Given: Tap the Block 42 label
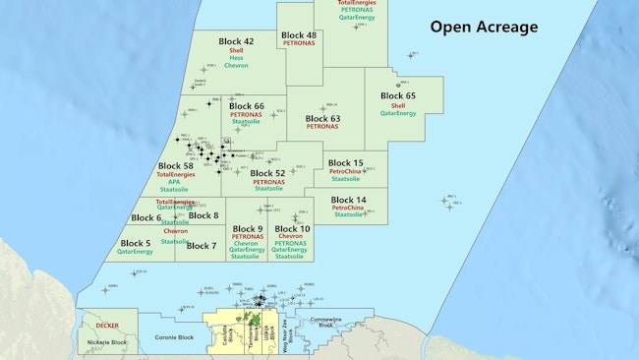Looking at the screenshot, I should (235, 41).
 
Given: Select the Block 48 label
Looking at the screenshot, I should (298, 35).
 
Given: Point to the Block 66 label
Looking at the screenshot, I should (245, 106).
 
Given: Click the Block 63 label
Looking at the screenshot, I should (321, 118).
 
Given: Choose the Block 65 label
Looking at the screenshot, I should (397, 95).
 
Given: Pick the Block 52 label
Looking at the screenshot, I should (266, 173).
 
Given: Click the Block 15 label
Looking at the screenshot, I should (345, 162).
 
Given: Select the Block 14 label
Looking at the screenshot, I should (348, 200).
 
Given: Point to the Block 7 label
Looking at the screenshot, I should (202, 246).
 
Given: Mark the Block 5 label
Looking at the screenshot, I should (136, 242).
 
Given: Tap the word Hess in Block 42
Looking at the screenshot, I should (236, 58).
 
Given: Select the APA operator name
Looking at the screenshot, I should (177, 183).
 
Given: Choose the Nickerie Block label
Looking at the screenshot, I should (106, 342).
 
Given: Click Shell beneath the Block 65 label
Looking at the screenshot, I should (398, 105).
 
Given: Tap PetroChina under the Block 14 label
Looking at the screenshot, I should (348, 208).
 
